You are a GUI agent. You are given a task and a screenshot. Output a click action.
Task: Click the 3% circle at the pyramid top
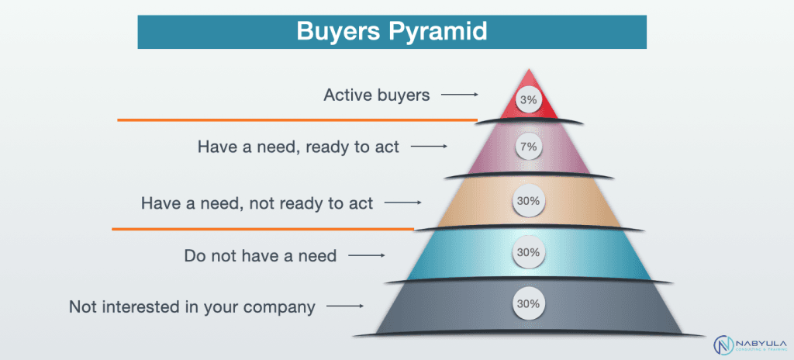[529, 100]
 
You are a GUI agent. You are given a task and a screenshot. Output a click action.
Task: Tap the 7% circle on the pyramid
[529, 147]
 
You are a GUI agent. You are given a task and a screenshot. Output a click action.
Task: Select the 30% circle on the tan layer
[528, 201]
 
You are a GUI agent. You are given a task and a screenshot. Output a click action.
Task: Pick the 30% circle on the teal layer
[528, 252]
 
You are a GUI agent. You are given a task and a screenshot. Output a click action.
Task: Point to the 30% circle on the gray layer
[528, 305]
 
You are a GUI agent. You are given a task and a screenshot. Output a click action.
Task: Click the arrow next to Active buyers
[460, 95]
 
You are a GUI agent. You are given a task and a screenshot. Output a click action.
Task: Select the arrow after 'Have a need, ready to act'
[430, 147]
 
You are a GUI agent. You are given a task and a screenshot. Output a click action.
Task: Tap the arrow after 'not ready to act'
[403, 203]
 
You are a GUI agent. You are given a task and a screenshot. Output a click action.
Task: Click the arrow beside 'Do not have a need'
[367, 255]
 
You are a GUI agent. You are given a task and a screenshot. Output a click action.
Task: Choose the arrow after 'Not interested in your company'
[345, 306]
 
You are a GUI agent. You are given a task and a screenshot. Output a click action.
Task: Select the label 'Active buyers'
[377, 95]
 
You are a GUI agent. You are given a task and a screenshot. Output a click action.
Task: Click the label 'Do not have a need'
[261, 255]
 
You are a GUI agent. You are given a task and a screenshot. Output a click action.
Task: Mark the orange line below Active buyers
[297, 120]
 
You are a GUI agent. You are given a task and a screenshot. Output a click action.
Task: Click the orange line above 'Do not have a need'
[264, 229]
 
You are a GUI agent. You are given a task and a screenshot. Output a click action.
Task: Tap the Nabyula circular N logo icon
[723, 344]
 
